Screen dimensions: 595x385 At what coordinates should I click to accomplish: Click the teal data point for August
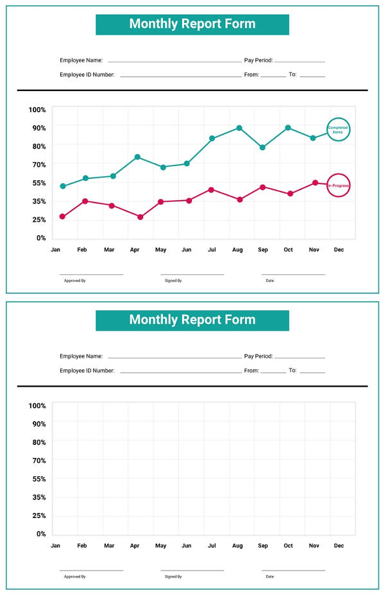239,128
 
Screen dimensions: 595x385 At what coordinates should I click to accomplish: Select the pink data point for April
140,217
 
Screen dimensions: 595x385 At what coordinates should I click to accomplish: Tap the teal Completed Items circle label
338,130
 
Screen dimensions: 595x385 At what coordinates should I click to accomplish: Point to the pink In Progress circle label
338,186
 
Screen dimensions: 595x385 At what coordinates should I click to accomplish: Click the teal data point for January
63,187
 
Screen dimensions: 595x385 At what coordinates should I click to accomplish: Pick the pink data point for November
315,183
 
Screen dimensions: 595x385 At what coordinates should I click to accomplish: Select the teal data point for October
288,128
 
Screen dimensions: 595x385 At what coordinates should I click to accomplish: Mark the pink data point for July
211,190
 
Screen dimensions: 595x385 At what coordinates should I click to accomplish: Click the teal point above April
137,157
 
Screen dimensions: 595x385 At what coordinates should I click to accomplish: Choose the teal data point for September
262,147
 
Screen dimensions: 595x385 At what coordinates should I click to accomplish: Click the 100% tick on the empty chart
37,406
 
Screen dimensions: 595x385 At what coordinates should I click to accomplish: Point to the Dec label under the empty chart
339,546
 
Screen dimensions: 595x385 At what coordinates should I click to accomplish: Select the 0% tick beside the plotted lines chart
41,239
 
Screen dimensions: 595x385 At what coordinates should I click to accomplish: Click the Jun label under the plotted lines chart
186,250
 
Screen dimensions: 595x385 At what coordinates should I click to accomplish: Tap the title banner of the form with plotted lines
193,24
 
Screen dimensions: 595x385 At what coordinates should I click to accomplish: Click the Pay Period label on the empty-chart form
259,356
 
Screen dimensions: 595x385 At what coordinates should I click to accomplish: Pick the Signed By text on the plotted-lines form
173,281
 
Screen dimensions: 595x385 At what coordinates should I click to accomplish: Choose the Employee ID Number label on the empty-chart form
87,371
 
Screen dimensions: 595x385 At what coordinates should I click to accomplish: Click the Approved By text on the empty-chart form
74,577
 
